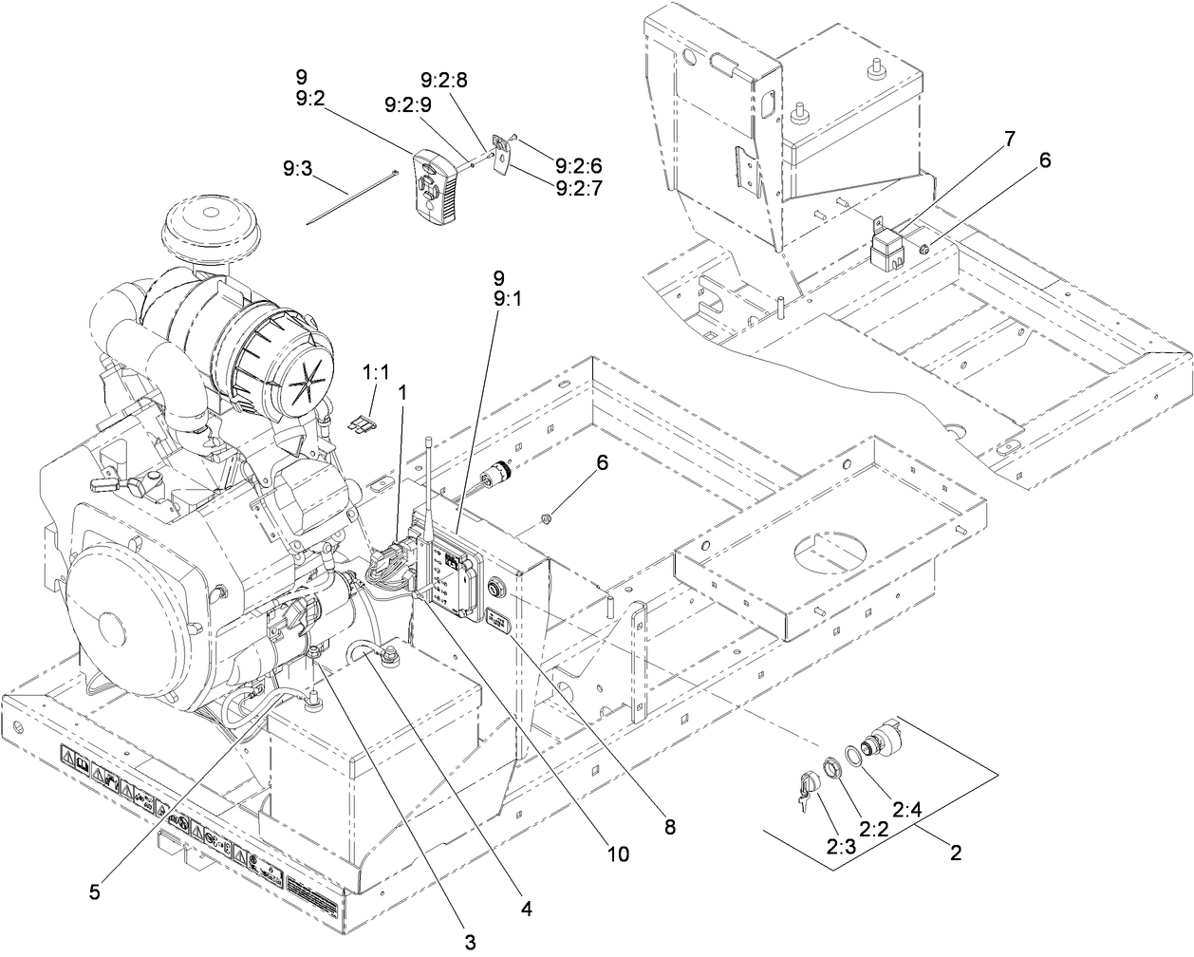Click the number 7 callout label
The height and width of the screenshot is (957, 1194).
(1009, 139)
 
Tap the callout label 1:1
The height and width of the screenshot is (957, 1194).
(377, 373)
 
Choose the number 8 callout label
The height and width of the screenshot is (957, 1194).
(670, 827)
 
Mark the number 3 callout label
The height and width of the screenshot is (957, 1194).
(469, 943)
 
